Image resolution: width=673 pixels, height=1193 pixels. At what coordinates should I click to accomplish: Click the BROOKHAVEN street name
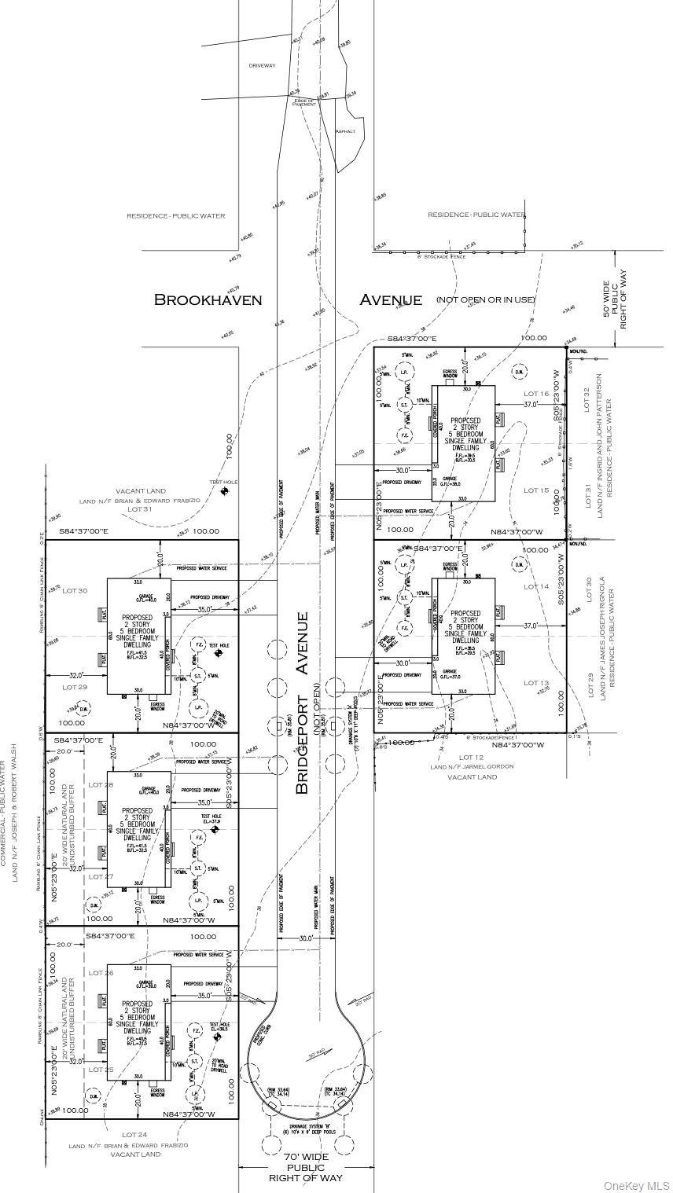click(208, 299)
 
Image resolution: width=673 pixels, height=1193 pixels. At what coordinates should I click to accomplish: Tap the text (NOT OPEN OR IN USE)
click(486, 299)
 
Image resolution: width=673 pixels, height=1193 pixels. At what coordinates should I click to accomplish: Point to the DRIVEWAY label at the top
click(263, 65)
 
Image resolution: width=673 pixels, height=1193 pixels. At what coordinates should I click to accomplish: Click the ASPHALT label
click(346, 131)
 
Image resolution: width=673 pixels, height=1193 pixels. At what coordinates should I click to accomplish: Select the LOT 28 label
click(101, 784)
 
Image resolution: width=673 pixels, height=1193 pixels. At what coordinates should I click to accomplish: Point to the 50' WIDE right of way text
click(616, 300)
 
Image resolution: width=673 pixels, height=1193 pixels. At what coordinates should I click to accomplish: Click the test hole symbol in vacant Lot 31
click(225, 491)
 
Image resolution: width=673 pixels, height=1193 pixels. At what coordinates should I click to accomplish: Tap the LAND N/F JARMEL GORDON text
click(472, 766)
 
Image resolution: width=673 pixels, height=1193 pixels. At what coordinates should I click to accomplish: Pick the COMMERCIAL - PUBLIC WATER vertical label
click(4, 817)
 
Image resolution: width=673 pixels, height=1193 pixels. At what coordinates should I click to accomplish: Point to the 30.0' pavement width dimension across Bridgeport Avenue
click(306, 938)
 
